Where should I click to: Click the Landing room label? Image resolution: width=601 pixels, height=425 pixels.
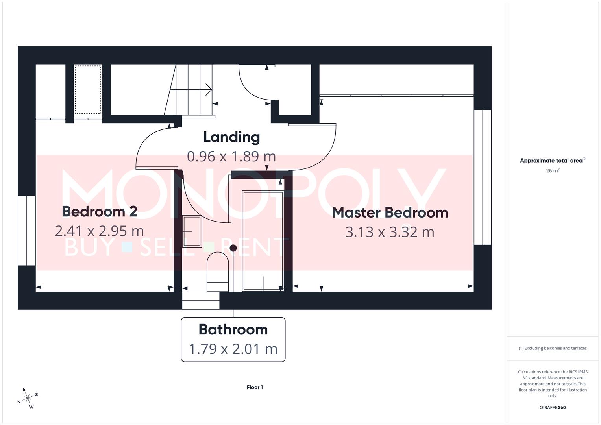pyautogui.click(x=231, y=137)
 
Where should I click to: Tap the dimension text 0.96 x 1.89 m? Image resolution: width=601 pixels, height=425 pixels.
pyautogui.click(x=231, y=156)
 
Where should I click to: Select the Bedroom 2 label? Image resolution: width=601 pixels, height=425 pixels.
pyautogui.click(x=99, y=211)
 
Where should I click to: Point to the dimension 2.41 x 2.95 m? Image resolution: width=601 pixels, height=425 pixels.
pyautogui.click(x=99, y=231)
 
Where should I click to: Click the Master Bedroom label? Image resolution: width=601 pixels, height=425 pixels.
pyautogui.click(x=390, y=213)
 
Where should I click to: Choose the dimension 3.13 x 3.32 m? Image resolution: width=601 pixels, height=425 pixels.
pyautogui.click(x=390, y=232)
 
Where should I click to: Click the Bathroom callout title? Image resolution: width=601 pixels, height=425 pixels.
pyautogui.click(x=233, y=329)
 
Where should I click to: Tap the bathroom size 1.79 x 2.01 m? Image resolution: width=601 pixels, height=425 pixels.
pyautogui.click(x=233, y=349)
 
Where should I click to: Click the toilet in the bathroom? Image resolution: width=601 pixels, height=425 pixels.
pyautogui.click(x=218, y=272)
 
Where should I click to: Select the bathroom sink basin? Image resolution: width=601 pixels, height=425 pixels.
pyautogui.click(x=192, y=231)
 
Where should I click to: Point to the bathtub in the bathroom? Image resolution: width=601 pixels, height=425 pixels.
pyautogui.click(x=263, y=241)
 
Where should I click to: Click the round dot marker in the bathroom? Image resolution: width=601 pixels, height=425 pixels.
pyautogui.click(x=233, y=248)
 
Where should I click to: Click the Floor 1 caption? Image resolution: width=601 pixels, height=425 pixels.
pyautogui.click(x=255, y=387)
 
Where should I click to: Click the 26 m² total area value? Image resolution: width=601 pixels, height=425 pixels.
pyautogui.click(x=553, y=171)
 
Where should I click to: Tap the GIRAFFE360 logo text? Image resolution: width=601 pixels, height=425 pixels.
pyautogui.click(x=553, y=407)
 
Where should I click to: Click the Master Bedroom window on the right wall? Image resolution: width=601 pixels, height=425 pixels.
pyautogui.click(x=483, y=177)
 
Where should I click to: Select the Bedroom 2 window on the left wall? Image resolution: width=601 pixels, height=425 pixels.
pyautogui.click(x=27, y=230)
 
